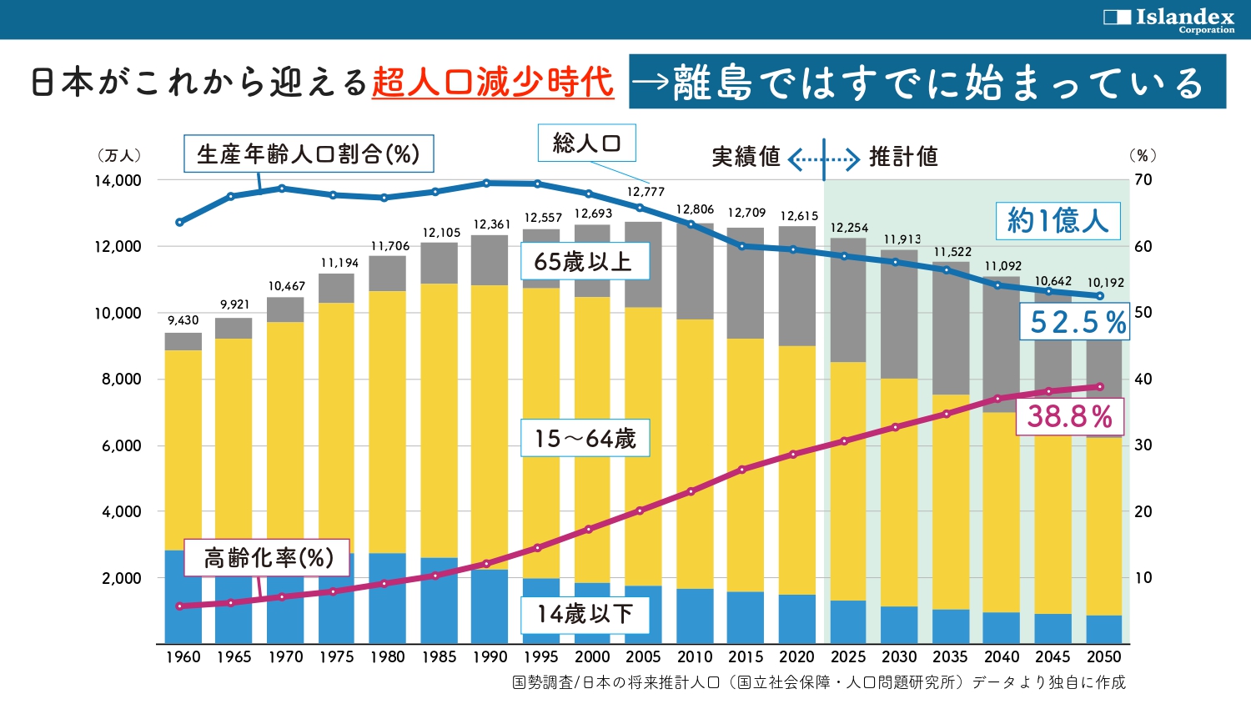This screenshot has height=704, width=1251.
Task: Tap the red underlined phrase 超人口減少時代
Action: pyautogui.click(x=493, y=83)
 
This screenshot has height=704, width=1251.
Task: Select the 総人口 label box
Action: pyautogui.click(x=586, y=143)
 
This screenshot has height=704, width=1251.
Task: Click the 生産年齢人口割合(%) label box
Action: pyautogui.click(x=309, y=153)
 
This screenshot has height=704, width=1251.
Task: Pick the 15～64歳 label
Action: pyautogui.click(x=585, y=438)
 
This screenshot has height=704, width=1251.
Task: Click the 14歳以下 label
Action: pyautogui.click(x=585, y=614)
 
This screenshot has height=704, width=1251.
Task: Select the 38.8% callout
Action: pyautogui.click(x=1070, y=416)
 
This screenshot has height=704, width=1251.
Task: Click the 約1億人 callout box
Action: pyautogui.click(x=1058, y=221)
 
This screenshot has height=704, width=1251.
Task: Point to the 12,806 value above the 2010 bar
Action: pyautogui.click(x=695, y=209)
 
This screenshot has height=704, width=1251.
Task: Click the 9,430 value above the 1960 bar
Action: pyautogui.click(x=183, y=320)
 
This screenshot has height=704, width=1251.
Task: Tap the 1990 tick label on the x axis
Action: pyautogui.click(x=490, y=656)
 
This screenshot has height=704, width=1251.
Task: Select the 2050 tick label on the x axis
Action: pyautogui.click(x=1103, y=656)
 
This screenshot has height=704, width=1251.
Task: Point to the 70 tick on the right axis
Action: pyautogui.click(x=1143, y=179)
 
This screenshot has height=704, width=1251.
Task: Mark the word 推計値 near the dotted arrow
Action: pyautogui.click(x=903, y=157)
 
